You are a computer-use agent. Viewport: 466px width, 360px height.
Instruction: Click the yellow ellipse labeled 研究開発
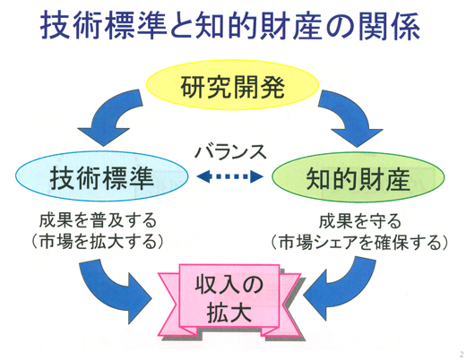click(x=232, y=85)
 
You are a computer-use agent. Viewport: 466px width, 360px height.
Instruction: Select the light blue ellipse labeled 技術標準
click(x=102, y=176)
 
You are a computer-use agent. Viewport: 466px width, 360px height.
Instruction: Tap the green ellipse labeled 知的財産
click(x=358, y=177)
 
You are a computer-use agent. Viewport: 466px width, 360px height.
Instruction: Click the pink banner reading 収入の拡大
click(x=229, y=301)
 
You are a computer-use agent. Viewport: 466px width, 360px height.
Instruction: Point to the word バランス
click(x=230, y=152)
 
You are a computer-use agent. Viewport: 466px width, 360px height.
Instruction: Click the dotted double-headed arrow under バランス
click(x=230, y=176)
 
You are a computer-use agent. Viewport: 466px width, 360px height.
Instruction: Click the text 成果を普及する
click(x=98, y=221)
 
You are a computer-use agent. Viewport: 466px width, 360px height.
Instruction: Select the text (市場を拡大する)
click(x=98, y=241)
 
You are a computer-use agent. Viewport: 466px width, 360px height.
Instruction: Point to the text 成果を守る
click(x=360, y=221)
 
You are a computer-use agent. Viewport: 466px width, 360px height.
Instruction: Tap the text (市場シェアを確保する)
click(x=359, y=242)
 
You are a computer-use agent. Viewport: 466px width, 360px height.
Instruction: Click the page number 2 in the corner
click(x=462, y=355)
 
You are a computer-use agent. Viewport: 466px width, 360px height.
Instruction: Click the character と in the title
click(x=182, y=25)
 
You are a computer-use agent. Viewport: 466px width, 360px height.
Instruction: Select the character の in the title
click(x=341, y=26)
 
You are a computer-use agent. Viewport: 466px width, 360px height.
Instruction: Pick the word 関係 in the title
click(x=389, y=25)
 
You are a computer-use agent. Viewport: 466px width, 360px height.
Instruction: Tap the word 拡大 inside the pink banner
click(x=229, y=313)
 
